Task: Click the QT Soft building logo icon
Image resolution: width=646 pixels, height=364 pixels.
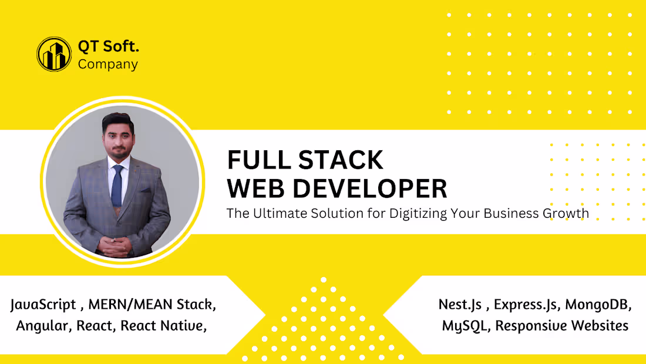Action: [54, 54]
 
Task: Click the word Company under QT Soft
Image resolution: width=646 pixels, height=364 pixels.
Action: [108, 64]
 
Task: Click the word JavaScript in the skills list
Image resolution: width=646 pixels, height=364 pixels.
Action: [43, 305]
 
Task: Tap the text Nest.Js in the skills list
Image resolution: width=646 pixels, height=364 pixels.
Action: [460, 305]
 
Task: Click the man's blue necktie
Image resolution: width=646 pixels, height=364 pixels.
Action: [117, 185]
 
